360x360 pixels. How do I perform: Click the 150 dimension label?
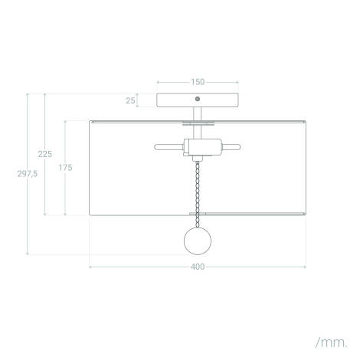[x=198, y=81]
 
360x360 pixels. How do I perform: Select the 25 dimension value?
[x=131, y=100]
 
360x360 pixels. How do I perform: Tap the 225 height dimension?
[x=45, y=154]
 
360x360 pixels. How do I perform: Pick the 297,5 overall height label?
[x=28, y=174]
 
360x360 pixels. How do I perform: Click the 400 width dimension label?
[x=198, y=267]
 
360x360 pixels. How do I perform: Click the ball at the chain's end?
[x=198, y=241]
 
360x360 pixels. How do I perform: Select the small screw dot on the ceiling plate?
[x=198, y=100]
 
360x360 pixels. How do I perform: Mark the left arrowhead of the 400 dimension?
[x=91, y=267]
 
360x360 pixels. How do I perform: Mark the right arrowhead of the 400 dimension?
[x=305, y=267]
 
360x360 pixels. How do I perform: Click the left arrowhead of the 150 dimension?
[x=158, y=81]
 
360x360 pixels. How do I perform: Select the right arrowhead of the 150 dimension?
[x=237, y=81]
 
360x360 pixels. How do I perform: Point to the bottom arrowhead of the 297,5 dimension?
[x=28, y=253]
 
